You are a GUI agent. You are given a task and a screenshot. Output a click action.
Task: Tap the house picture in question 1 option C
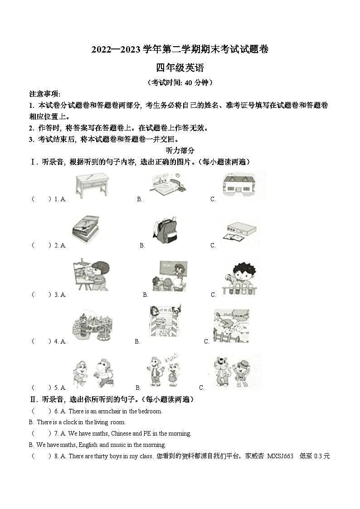243,185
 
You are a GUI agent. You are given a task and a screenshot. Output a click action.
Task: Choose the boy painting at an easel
91,275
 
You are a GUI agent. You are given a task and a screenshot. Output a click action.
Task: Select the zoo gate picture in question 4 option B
166,323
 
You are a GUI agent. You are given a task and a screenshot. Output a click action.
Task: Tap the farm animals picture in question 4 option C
232,325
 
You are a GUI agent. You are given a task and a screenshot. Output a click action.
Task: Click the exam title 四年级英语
180,68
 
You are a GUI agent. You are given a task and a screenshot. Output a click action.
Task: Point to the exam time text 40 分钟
195,82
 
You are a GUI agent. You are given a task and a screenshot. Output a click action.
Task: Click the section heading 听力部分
180,150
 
